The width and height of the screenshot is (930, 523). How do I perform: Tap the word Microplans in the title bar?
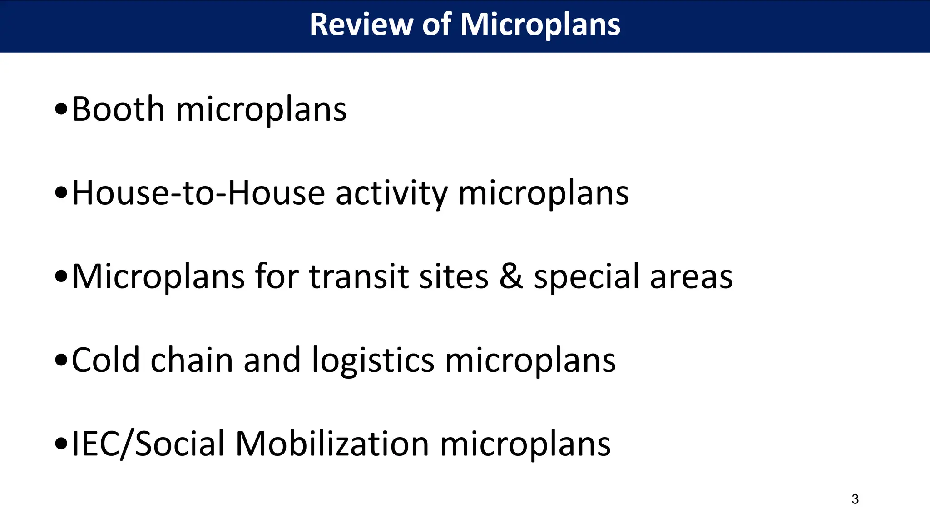click(x=540, y=25)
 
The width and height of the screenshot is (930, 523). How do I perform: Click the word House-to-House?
click(x=198, y=193)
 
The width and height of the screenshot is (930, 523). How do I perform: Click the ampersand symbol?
click(x=510, y=276)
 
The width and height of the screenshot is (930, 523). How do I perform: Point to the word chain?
click(x=192, y=360)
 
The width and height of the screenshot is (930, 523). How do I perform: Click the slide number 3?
click(x=855, y=499)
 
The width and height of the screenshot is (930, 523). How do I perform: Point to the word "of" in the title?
click(x=436, y=25)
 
